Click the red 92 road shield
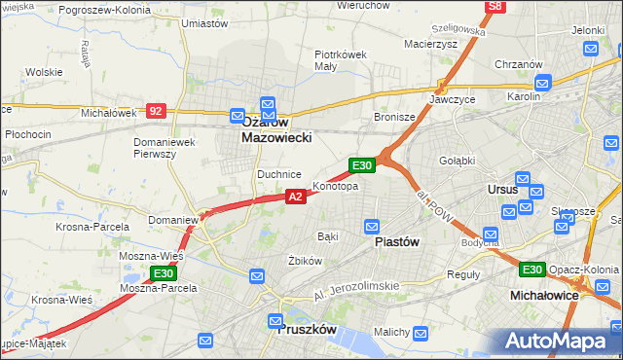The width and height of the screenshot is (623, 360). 156,111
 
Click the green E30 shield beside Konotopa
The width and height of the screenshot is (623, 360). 362,166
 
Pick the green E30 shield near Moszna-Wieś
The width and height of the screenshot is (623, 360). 163,273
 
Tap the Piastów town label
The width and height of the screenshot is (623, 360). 397,244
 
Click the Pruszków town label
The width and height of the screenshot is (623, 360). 307,330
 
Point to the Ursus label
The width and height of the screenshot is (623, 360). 501,190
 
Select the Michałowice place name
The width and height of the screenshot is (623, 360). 545,294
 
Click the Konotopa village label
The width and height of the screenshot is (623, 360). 335,186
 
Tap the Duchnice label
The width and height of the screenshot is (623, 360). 278,174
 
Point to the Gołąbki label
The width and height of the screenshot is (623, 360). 457,161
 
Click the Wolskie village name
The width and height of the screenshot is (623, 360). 44,72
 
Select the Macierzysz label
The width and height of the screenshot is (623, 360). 429,44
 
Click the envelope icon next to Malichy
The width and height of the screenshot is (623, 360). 420,334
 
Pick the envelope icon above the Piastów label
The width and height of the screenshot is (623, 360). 371,227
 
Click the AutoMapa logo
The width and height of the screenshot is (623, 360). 558,341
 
